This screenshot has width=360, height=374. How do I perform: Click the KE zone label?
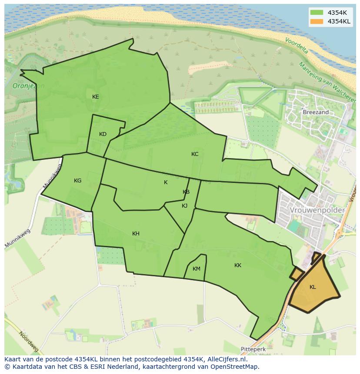coord(96,97)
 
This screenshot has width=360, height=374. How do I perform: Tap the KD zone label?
coord(103,134)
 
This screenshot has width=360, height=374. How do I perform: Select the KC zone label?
coord(195,154)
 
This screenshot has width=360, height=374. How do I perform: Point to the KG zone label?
coord(77,181)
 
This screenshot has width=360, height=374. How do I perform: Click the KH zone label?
coord(136,234)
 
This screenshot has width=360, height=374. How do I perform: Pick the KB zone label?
coord(186,192)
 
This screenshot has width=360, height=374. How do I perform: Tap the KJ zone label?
coord(185,206)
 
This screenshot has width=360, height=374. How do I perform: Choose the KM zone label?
coord(197,269)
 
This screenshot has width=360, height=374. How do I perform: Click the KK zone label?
coord(238,265)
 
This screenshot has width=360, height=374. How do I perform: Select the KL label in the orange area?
coord(313,287)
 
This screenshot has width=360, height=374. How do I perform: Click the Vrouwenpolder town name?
coord(317,210)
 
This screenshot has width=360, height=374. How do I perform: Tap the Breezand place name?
coord(316,112)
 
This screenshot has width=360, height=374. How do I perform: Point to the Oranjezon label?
coord(29,86)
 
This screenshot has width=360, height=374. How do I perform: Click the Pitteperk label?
coord(253,349)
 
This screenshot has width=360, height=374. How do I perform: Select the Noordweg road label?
coord(29,341)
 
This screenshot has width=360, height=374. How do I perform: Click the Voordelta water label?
coord(297,45)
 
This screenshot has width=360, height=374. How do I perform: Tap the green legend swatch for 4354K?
coord(317,13)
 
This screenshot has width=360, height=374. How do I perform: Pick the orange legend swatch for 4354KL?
coord(317,21)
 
